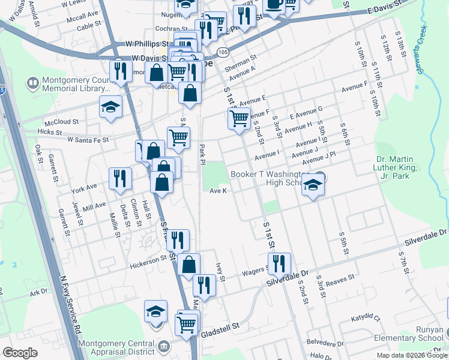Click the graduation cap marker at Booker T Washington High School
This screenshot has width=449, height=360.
click(x=313, y=185)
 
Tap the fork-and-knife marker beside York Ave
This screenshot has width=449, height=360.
click(x=120, y=179)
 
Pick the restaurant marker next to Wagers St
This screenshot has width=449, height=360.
click(x=279, y=263)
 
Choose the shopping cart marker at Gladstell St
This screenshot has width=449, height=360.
click(x=187, y=325)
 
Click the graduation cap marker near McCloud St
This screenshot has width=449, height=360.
click(x=110, y=107)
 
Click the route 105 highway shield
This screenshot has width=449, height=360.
click(x=222, y=53)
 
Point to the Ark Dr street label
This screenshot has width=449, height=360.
click(x=38, y=292)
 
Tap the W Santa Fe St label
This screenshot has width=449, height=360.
click(x=88, y=139)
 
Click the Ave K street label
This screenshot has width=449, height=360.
click(x=218, y=191)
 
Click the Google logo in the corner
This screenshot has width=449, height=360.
click(x=20, y=352)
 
